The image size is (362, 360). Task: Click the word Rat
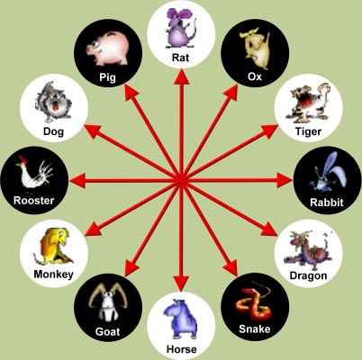pyautogui.click(x=181, y=57)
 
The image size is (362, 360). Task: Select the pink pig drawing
pyautogui.click(x=108, y=49)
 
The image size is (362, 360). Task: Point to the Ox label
pyautogui.click(x=255, y=76)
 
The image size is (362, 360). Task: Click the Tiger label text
pyautogui.click(x=308, y=131)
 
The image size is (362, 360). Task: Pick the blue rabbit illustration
pyautogui.click(x=328, y=173)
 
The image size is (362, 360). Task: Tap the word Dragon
pyautogui.click(x=308, y=275)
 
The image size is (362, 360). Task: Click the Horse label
pyautogui.click(x=182, y=349)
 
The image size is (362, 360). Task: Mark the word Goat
pyautogui.click(x=107, y=331)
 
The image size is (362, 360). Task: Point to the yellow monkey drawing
pyautogui.click(x=54, y=246)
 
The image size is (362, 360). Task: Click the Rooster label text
pyautogui.click(x=34, y=201)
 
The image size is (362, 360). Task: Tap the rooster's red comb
pyautogui.click(x=23, y=159)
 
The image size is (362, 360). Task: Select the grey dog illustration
pyautogui.click(x=54, y=102)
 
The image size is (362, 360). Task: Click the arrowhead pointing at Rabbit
pyautogui.click(x=284, y=180)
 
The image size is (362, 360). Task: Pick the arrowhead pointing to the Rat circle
pyautogui.click(x=181, y=76)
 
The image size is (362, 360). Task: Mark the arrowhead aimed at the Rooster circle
pyautogui.click(x=77, y=181)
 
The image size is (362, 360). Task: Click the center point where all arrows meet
pyautogui.click(x=181, y=180)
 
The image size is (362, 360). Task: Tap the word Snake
pyautogui.click(x=255, y=329)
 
